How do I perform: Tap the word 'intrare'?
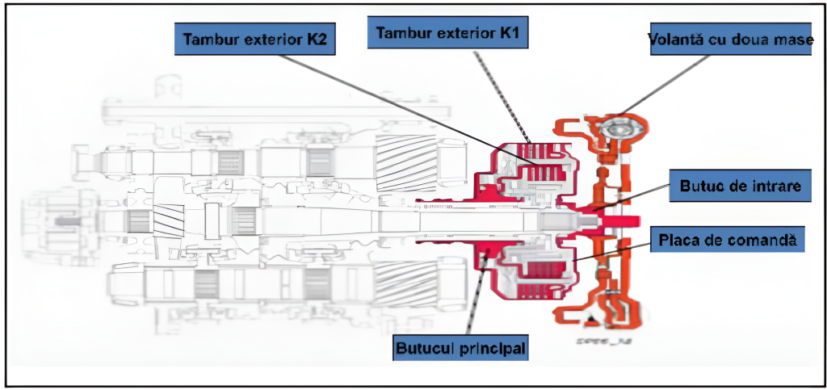772,187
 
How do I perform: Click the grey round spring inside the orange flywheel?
618,128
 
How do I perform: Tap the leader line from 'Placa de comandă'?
614,249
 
